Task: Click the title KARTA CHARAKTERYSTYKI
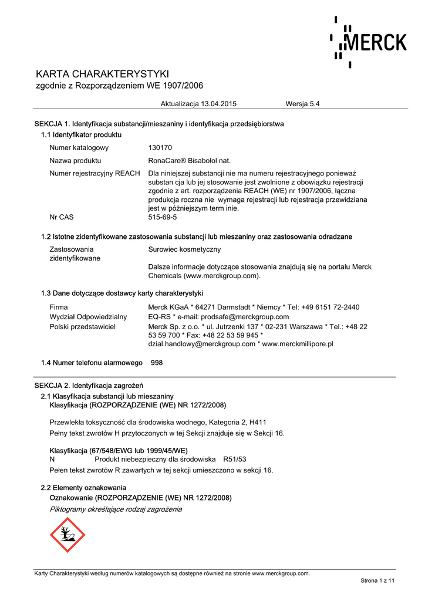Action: pos(103,74)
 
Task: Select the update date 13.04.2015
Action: pos(218,104)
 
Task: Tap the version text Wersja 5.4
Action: pos(302,104)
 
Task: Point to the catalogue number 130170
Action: pos(160,148)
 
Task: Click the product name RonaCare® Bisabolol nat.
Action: pos(190,160)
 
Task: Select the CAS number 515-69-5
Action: pos(163,217)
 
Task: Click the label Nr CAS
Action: pos(62,217)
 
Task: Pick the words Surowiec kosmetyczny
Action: pos(184,249)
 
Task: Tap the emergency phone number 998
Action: pos(157,363)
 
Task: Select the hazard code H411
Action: pos(257,422)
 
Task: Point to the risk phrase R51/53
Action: pos(234,459)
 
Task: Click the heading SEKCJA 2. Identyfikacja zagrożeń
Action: pos(89,386)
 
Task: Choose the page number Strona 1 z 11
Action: pos(377,580)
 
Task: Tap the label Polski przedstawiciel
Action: pos(82,326)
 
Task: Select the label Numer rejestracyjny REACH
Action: pos(95,173)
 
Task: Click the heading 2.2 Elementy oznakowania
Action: pos(83,488)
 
